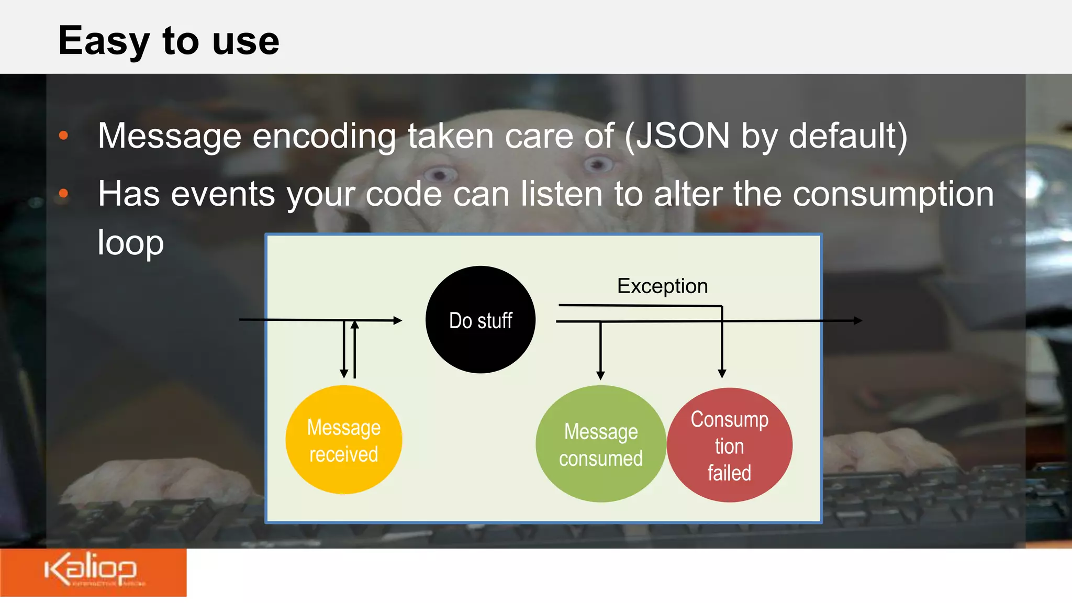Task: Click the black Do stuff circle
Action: (480, 320)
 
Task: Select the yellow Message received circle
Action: (343, 440)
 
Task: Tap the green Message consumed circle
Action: (600, 444)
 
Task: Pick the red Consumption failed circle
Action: (729, 445)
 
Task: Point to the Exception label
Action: (662, 286)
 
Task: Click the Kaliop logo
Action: (92, 571)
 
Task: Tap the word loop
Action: (130, 243)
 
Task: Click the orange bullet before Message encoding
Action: (63, 136)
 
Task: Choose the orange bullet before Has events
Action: (63, 194)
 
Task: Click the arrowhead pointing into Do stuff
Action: (398, 320)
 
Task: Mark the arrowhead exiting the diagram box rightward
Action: (858, 320)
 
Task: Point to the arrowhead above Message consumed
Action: (600, 375)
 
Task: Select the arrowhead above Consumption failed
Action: (722, 374)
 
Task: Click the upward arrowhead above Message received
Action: (355, 325)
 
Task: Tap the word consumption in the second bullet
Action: (893, 194)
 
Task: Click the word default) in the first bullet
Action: (848, 136)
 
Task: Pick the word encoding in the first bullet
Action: (324, 136)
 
